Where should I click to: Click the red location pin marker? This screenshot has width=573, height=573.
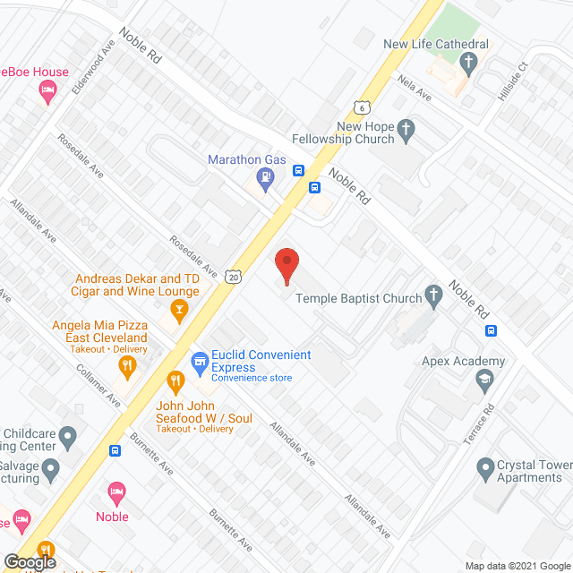pos(286,265)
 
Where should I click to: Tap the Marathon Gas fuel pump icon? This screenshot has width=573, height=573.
pos(265,177)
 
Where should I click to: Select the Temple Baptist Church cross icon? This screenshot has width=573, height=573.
pos(434,295)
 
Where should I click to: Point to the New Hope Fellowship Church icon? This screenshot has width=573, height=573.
pos(406,131)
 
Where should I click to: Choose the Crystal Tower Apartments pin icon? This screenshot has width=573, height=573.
pos(486,466)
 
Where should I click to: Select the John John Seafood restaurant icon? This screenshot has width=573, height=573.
pos(175,382)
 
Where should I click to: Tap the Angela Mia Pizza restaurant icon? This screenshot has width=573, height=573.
pos(128,364)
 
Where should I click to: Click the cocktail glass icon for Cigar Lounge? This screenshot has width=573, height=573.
pos(178,310)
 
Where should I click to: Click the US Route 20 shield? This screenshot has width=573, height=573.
pos(234,277)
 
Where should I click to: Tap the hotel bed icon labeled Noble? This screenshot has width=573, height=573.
pos(115,492)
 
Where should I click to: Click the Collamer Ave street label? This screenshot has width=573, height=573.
pos(98,387)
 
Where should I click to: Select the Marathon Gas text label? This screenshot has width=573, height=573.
pos(246,159)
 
